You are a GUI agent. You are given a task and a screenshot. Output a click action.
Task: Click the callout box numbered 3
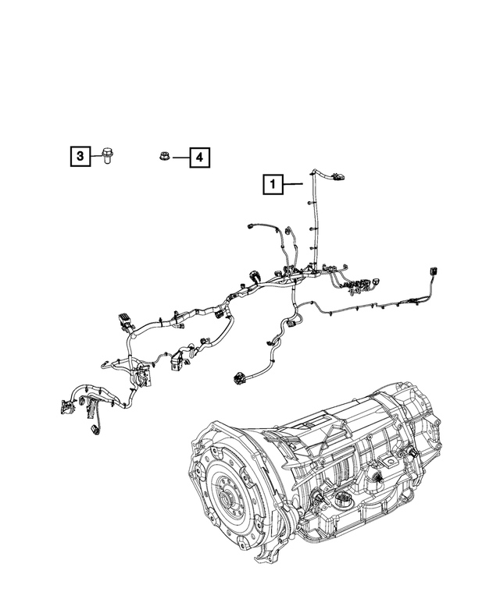tap(79, 158)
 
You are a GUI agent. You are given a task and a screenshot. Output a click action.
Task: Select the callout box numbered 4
tap(199, 158)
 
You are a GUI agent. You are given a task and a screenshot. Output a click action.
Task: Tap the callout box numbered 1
tap(273, 185)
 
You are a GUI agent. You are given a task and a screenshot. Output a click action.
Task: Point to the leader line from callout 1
tap(291, 185)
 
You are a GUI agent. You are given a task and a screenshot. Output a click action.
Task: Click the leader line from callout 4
tap(180, 158)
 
